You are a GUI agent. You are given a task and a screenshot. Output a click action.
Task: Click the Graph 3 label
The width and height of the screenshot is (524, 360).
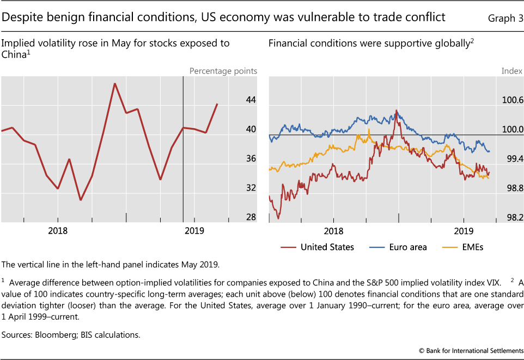point(505,18)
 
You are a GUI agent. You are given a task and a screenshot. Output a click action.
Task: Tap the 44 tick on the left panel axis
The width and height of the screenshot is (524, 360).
point(251,100)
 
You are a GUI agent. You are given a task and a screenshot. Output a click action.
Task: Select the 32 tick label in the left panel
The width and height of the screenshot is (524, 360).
point(251,188)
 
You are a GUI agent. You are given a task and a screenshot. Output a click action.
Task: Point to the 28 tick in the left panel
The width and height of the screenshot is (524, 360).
point(251,217)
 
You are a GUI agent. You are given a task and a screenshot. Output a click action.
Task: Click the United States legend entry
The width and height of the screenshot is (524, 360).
point(327,247)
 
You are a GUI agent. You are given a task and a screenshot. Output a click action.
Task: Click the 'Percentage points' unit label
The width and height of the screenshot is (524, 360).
point(223,71)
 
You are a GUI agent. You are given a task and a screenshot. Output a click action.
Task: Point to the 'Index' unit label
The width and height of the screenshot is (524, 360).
point(511,71)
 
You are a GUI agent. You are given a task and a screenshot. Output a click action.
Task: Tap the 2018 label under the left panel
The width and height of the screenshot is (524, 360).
point(58,231)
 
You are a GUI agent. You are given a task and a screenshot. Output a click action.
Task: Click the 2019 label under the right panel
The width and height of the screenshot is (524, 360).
point(464,231)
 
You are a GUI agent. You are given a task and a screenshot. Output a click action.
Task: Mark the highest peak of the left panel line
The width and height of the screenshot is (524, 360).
point(114,83)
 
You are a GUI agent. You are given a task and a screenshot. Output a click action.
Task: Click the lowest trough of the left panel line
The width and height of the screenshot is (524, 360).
point(81,200)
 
